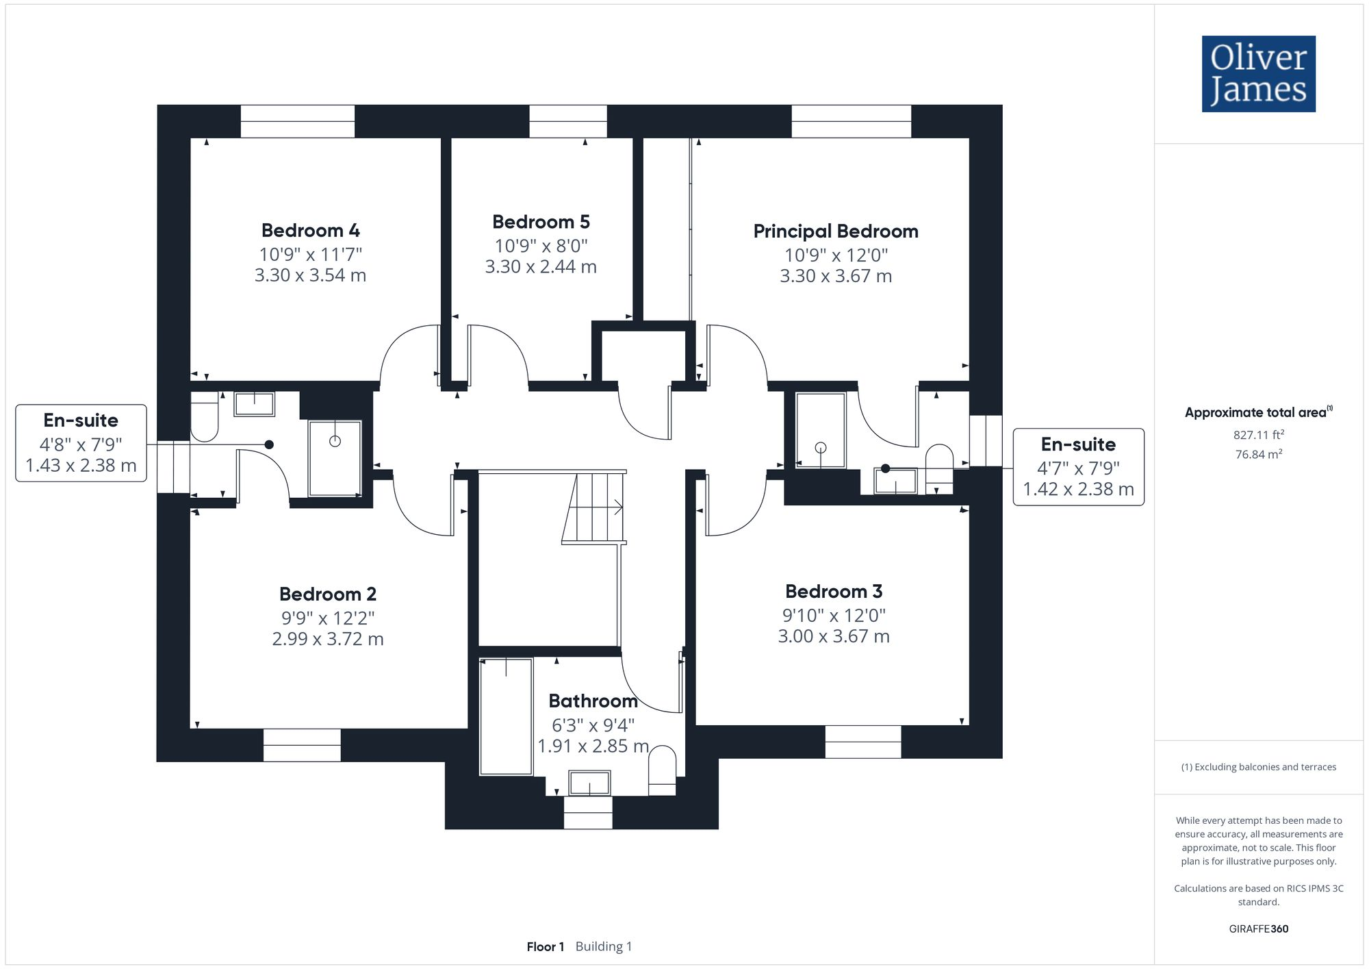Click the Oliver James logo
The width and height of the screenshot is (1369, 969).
(x=1258, y=74)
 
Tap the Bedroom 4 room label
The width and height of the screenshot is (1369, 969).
(x=310, y=230)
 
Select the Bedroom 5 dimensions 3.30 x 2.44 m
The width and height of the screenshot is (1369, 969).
(x=541, y=267)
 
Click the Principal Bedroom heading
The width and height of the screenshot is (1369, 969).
(x=835, y=231)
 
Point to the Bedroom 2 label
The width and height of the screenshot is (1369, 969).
(x=327, y=594)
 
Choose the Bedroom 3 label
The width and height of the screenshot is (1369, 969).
(x=833, y=591)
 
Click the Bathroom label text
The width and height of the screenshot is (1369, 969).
(x=593, y=701)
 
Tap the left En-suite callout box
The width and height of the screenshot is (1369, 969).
(x=81, y=442)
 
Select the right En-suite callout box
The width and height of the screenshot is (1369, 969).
(x=1078, y=466)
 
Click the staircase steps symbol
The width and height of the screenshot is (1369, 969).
(x=594, y=508)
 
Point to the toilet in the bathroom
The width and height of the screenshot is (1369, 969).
(x=662, y=770)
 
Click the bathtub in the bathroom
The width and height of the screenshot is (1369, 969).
(x=506, y=716)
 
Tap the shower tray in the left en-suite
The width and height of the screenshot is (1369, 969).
(x=335, y=457)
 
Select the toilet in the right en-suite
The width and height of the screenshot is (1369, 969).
(x=938, y=468)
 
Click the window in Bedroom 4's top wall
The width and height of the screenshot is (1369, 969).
(x=297, y=121)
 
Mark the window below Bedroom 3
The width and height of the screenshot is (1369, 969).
(x=862, y=742)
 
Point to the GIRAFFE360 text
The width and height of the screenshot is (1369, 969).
(x=1258, y=929)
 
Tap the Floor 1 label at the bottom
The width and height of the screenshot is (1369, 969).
(x=545, y=946)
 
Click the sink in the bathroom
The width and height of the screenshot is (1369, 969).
(x=589, y=783)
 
